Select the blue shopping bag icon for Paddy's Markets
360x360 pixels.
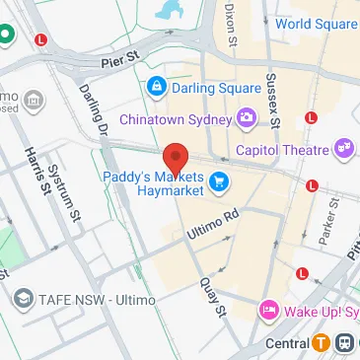click(x=220, y=180)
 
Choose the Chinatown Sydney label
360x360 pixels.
click(x=175, y=119)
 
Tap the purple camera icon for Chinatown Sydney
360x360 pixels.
click(x=246, y=119)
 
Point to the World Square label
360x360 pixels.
click(x=315, y=24)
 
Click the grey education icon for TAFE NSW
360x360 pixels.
click(x=23, y=298)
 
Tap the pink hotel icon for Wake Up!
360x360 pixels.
click(x=267, y=312)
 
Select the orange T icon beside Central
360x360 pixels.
click(x=321, y=344)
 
